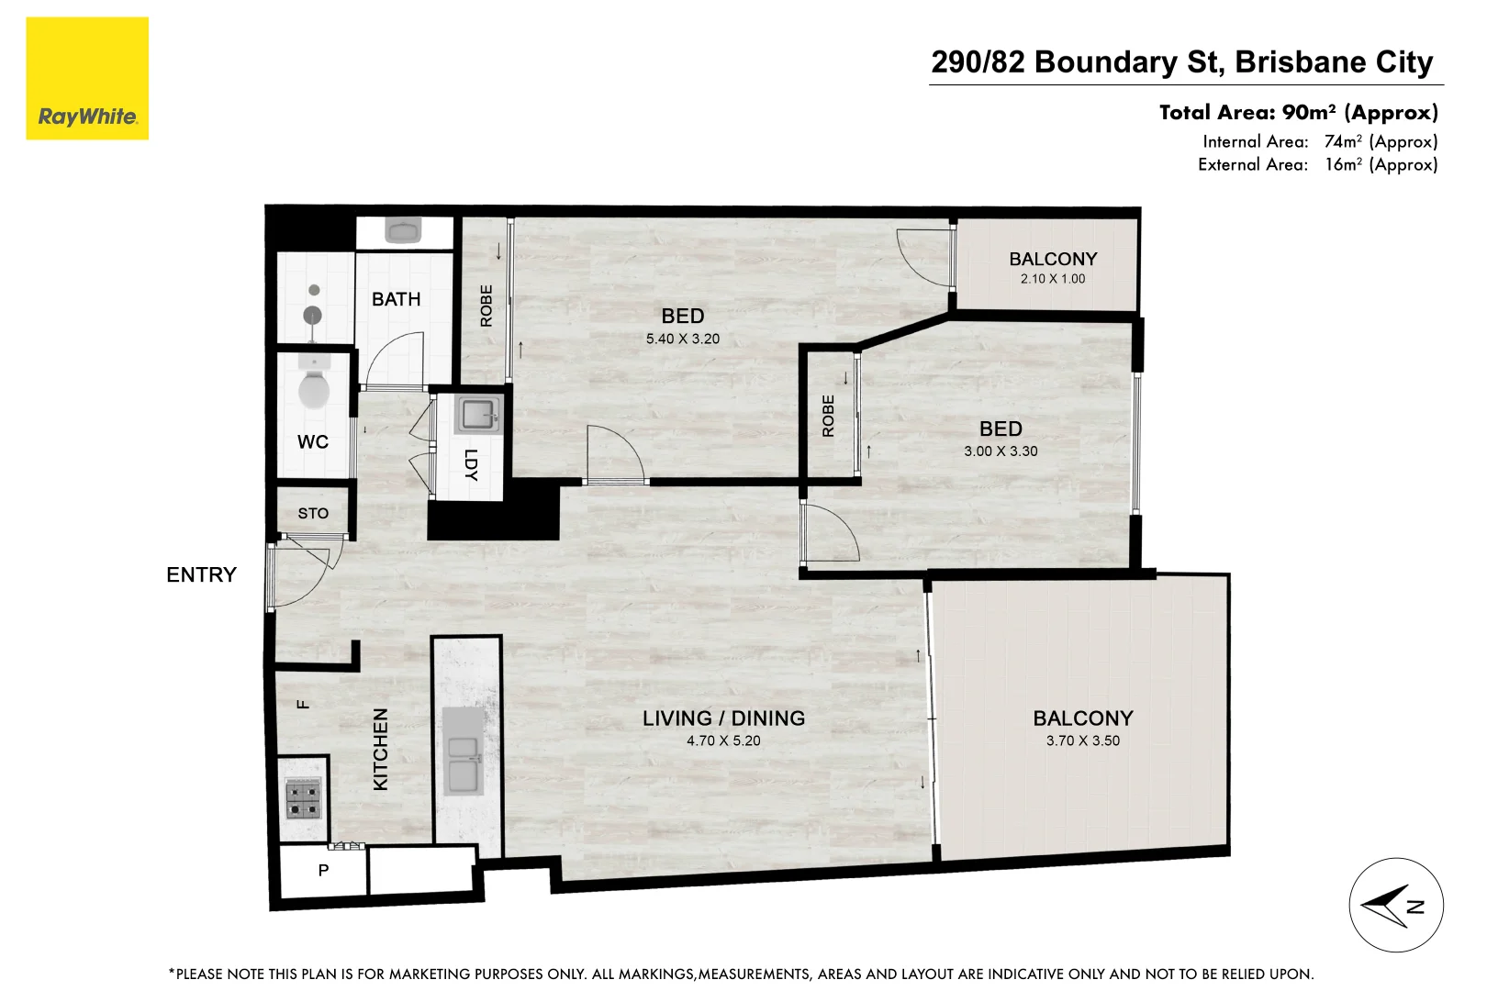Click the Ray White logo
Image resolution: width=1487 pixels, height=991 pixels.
pos(87,79)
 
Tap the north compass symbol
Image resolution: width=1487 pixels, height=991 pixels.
pos(1395,906)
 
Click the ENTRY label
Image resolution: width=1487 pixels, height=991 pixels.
pos(201,574)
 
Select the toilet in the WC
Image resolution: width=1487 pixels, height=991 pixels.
pos(314,387)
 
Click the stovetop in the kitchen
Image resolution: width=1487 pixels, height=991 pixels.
pos(303,798)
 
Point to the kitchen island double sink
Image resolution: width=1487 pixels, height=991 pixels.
pos(464,765)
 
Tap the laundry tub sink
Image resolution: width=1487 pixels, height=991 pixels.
pos(477,416)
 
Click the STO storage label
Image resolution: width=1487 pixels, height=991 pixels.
pos(313,514)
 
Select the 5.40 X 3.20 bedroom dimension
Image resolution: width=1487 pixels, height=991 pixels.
pos(682,339)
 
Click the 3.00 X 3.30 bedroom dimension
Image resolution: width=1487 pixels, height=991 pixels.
pos(1001,451)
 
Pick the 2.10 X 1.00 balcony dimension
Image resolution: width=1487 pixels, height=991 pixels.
pos(1052,279)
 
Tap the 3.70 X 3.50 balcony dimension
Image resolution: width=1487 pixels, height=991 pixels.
pos(1082,740)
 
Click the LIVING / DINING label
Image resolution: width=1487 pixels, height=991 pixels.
pos(723,718)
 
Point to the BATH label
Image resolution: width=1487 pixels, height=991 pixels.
pos(396,299)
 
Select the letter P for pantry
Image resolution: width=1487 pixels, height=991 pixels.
pos(323,870)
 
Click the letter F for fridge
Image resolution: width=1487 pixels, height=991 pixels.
pos(303,705)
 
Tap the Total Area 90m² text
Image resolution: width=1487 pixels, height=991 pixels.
pos(1298,112)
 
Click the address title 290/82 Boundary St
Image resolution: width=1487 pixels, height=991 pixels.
pos(1181,61)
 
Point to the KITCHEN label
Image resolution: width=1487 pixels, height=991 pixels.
pos(381,749)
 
